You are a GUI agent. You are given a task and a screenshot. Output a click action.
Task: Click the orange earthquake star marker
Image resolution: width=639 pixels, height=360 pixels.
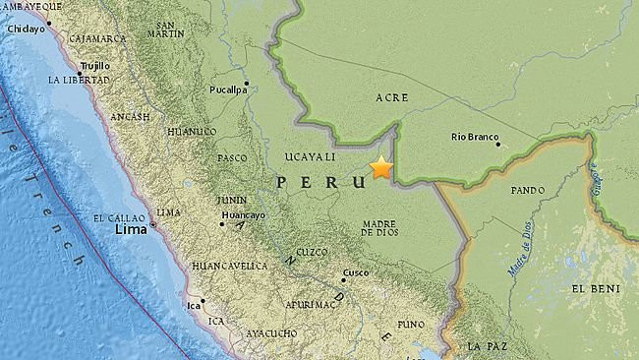tap(380, 168)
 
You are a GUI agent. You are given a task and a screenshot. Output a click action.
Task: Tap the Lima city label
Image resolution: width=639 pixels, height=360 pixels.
tap(131, 228)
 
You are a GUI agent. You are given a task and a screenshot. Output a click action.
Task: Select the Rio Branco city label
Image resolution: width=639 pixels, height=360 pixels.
tap(476, 138)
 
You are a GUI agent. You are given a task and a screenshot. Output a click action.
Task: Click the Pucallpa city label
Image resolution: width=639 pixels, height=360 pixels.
tap(227, 90)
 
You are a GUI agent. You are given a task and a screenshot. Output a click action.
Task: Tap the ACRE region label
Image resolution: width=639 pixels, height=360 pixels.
tap(392, 97)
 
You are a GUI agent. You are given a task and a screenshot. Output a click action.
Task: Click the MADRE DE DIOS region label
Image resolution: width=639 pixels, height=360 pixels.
tap(379, 228)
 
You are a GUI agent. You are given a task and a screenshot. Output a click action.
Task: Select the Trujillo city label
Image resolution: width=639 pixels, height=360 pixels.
tap(93, 66)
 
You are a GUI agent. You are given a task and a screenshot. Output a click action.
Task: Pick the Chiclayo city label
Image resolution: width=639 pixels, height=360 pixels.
tap(28, 30)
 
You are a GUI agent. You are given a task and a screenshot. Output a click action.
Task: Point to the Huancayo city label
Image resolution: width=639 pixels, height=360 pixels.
tap(243, 215)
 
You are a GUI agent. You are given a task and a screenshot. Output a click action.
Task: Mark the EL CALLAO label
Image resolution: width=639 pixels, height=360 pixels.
tap(119, 217)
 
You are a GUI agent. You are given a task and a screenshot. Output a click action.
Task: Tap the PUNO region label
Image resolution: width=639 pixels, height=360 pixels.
tap(411, 324)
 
